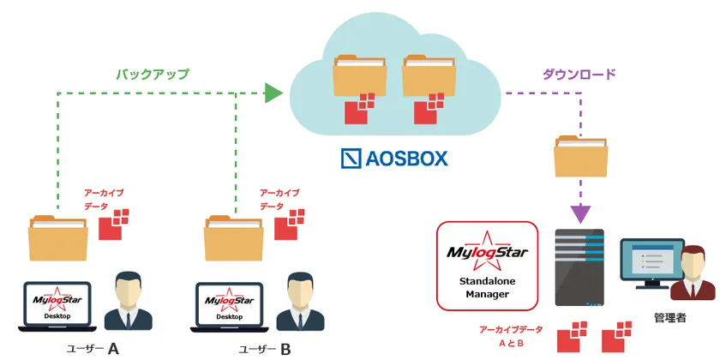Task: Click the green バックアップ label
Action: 153,74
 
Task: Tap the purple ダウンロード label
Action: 579,75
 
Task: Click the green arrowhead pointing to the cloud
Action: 273,93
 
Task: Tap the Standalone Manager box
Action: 487,265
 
